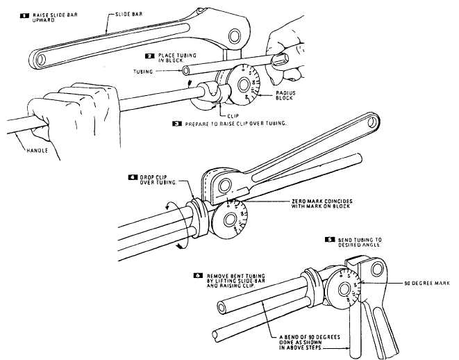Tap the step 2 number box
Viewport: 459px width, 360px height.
click(149, 54)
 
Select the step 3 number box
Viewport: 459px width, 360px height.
click(176, 123)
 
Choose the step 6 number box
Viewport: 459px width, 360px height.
click(199, 275)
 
